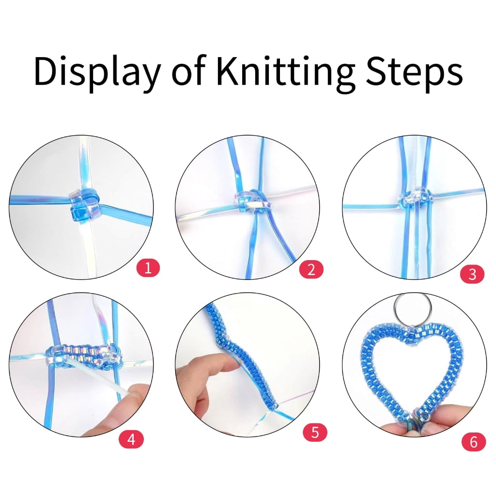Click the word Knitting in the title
pyautogui.click(x=285, y=72)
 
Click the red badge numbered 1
pyautogui.click(x=148, y=267)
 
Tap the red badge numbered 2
pyautogui.click(x=311, y=269)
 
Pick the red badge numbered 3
pyautogui.click(x=472, y=274)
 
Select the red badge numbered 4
pyautogui.click(x=131, y=439)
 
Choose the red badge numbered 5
pyautogui.click(x=315, y=432)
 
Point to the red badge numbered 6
pyautogui.click(x=474, y=442)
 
